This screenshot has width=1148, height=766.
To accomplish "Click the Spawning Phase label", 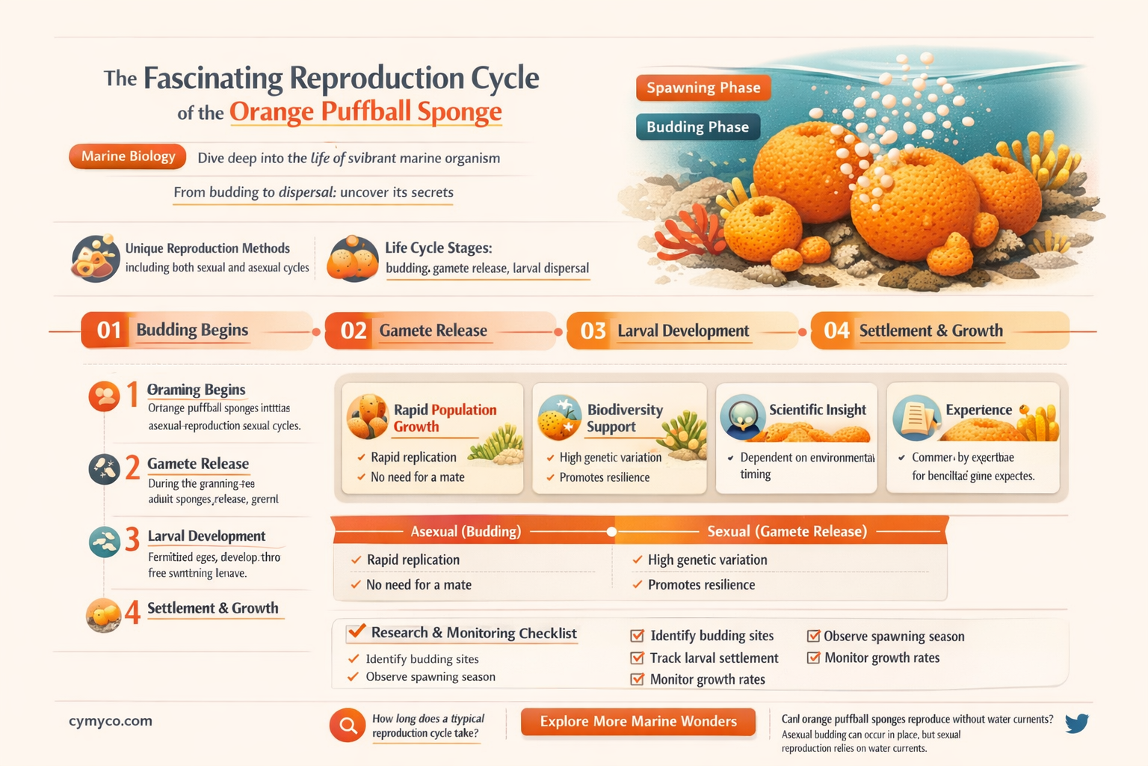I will click(703, 88).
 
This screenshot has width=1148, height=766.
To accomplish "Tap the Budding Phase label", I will click(697, 127).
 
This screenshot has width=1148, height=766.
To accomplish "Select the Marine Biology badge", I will click(128, 156).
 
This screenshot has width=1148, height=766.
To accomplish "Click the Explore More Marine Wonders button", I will click(638, 721).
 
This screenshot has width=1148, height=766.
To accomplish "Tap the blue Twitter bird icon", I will click(1076, 723).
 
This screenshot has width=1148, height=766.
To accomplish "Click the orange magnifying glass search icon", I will click(348, 725).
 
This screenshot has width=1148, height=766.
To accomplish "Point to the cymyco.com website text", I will click(111, 721).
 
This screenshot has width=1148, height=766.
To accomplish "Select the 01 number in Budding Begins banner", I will click(109, 330).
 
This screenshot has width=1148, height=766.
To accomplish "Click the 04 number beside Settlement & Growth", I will click(836, 331).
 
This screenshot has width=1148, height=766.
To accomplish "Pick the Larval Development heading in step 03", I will click(683, 331).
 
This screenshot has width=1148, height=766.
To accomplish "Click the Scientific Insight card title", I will click(818, 410).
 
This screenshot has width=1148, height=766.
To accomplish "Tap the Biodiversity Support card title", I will click(625, 418).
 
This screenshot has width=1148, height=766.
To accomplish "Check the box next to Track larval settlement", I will click(638, 658).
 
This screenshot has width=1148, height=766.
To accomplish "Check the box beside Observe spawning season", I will click(814, 637).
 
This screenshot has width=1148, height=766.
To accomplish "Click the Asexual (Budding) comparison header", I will click(466, 532).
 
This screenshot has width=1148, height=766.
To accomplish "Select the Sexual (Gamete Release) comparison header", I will click(787, 532).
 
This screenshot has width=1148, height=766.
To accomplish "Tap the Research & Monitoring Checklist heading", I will click(474, 633).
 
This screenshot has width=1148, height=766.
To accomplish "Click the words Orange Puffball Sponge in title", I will click(365, 112).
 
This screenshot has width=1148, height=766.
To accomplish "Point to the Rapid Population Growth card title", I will click(445, 418).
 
